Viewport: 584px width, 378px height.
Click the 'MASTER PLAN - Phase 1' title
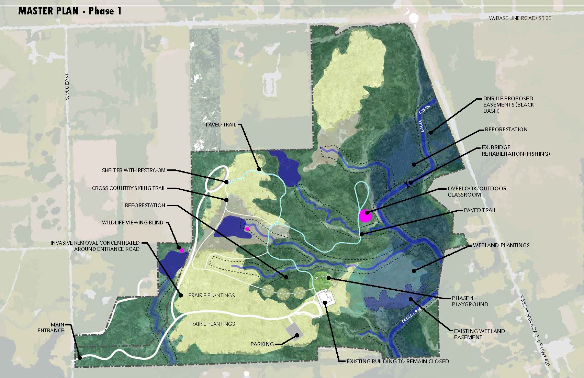(x=70, y=11)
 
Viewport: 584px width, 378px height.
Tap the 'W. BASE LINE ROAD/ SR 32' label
(x=520, y=18)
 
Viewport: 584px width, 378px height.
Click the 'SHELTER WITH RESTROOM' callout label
(x=134, y=170)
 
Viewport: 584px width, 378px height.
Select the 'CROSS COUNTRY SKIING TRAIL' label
(x=128, y=188)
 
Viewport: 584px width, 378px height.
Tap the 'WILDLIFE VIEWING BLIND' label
(x=133, y=222)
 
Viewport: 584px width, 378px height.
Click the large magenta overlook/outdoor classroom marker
(x=365, y=216)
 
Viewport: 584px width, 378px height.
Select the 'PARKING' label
(x=262, y=344)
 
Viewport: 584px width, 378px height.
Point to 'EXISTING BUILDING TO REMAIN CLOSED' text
(x=397, y=361)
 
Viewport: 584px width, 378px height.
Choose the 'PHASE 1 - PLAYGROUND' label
(x=470, y=301)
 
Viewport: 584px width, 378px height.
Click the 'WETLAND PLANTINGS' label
(x=501, y=245)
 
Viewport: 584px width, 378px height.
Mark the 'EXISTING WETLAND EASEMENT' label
(x=479, y=334)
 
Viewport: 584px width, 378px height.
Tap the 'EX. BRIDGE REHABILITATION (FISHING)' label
(x=515, y=151)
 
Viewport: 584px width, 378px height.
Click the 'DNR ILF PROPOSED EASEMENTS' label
(x=508, y=104)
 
